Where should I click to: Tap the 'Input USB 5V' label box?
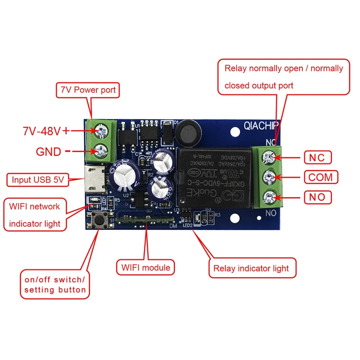(x=37, y=180)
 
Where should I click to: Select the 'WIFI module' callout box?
(x=145, y=267)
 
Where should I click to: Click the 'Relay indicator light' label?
(x=251, y=268)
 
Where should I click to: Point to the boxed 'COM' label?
(x=323, y=177)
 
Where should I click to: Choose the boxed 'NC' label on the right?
(x=317, y=157)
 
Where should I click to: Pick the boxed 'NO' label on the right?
(x=317, y=197)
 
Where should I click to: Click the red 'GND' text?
(x=49, y=152)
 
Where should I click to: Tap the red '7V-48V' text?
(x=41, y=131)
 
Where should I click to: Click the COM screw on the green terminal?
(x=269, y=177)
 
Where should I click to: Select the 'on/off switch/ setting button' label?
(x=55, y=284)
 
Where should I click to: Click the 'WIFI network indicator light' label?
(x=35, y=215)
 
